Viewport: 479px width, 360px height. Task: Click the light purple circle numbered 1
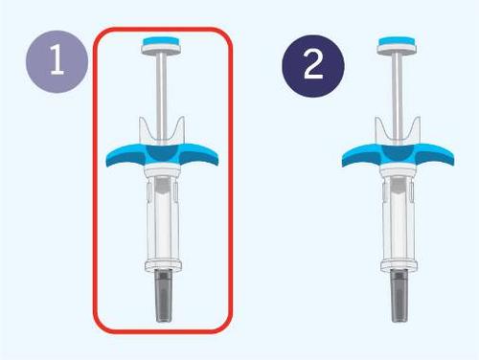tap(57, 61)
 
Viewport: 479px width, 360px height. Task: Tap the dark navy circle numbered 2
tap(313, 66)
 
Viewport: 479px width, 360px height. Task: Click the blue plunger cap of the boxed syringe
tap(162, 41)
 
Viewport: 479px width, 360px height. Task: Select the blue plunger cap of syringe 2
tap(397, 41)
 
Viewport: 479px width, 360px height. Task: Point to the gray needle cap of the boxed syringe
tap(164, 295)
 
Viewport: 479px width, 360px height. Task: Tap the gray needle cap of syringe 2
tap(399, 295)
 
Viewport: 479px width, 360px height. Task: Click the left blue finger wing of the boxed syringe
tap(125, 155)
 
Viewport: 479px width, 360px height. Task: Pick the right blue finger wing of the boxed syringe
tap(199, 155)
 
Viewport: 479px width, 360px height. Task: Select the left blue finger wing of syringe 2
tap(361, 155)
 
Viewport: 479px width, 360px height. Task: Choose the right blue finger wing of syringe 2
tap(435, 155)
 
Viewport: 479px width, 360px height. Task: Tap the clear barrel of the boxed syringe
tap(163, 220)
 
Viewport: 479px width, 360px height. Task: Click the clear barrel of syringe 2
tap(399, 220)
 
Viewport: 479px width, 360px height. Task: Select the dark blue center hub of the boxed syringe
tap(163, 153)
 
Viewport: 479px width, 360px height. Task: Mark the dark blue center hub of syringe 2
tap(399, 153)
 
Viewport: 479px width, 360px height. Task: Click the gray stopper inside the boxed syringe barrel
tap(163, 186)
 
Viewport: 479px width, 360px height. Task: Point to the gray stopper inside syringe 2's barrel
tap(399, 186)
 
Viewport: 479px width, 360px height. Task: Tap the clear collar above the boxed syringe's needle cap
tap(164, 266)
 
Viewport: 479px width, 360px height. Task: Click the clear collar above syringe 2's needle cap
tap(399, 266)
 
